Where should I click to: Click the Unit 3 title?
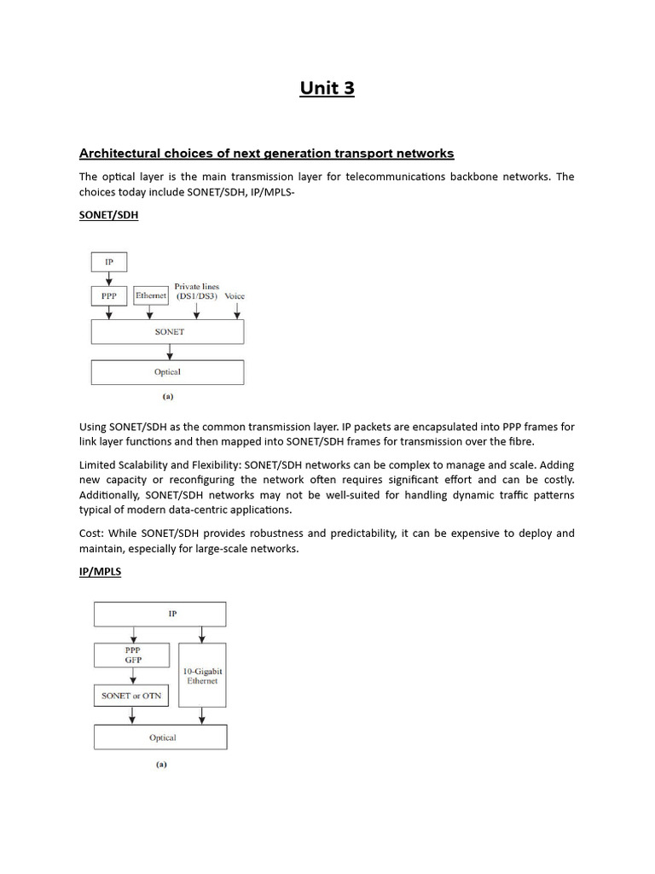tap(327, 88)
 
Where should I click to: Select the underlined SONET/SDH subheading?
tap(108, 216)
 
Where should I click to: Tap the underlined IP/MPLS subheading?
tap(100, 572)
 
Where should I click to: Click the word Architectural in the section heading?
tap(119, 154)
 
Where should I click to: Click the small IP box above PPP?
tap(108, 261)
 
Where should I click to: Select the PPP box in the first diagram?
tap(108, 296)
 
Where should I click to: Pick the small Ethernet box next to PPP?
tap(151, 296)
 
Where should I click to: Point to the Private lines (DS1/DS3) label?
tap(196, 292)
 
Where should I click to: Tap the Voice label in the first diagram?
tap(235, 296)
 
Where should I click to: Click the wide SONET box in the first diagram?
tap(168, 331)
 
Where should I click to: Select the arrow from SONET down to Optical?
tap(171, 352)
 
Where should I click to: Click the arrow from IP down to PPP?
tap(108, 279)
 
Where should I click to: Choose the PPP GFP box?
tap(132, 655)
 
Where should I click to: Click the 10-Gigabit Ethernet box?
tap(201, 675)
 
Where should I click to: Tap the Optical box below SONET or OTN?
tap(160, 737)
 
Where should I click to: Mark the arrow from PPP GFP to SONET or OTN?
tap(133, 677)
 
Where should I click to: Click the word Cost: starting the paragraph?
tap(93, 533)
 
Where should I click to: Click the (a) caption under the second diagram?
tap(160, 765)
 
